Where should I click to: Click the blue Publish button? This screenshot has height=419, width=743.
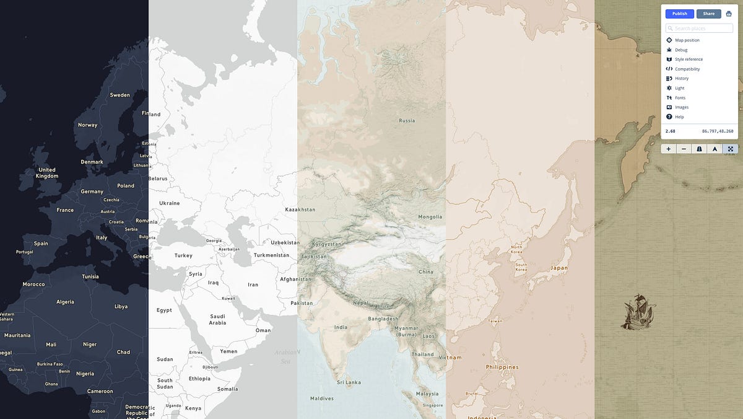pos(679,14)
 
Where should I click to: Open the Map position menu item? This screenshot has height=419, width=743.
pos(687,40)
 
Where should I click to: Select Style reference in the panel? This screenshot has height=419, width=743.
pos(689,60)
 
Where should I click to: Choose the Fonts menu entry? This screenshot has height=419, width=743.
pos(680,98)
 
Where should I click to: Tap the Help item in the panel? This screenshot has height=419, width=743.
pos(679,117)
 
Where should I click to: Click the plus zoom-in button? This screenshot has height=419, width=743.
pos(669,149)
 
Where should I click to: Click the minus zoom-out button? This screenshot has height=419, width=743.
pos(684,149)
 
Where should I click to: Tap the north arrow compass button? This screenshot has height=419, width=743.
pos(715,149)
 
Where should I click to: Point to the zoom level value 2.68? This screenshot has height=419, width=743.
pos(670,131)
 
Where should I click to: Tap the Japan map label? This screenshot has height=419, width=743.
pos(559,268)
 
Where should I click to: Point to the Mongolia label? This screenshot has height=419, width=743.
pos(430,217)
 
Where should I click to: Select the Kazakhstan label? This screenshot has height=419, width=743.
pos(300,209)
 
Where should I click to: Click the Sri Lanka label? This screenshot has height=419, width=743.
pos(349,382)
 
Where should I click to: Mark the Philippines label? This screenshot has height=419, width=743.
pos(502,367)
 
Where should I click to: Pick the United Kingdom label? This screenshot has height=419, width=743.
pos(47,173)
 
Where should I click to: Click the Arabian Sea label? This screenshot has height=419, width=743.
pos(286,357)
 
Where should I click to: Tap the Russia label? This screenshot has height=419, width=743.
pos(407,121)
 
